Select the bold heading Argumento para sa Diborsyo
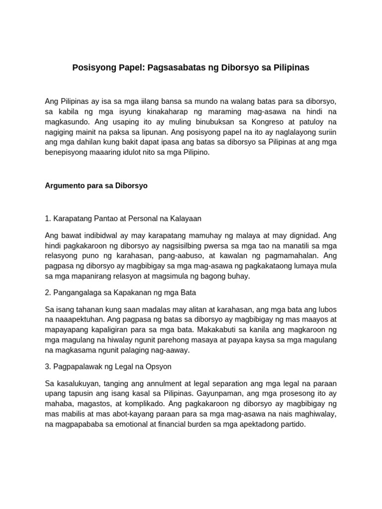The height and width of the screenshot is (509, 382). point(96,185)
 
